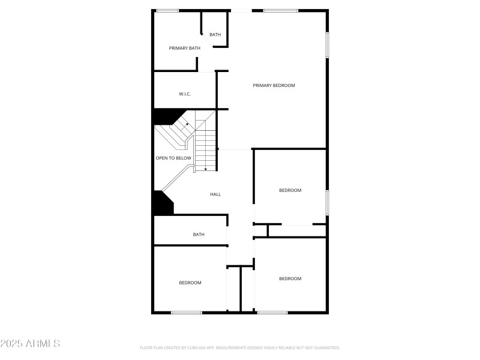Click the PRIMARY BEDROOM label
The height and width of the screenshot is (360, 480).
pos(274,85)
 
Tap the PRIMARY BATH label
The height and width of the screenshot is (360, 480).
pos(184,48)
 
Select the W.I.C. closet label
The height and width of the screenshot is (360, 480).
pos(185,94)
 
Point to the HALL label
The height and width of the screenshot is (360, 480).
pos(215,194)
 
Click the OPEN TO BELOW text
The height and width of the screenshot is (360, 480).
pos(173,158)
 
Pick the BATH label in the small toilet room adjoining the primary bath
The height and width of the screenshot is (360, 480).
pos(215,35)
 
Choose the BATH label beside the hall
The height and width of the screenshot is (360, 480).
pos(199,235)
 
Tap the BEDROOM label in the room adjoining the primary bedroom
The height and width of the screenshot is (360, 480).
pos(290,190)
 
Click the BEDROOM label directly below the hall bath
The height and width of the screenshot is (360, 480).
pos(190,283)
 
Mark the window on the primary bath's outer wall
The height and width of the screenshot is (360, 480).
pos(167,10)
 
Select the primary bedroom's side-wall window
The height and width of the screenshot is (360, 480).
pos(327,45)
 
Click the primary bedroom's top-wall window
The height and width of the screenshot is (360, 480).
pos(280,10)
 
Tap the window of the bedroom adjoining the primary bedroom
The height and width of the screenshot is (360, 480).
pos(327,202)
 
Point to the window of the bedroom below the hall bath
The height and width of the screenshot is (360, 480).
pos(187,312)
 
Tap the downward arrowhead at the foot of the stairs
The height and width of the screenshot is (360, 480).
pos(206,170)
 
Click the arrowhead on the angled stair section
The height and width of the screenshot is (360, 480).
pos(187,124)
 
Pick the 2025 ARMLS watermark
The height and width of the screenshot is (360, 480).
pos(30,344)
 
